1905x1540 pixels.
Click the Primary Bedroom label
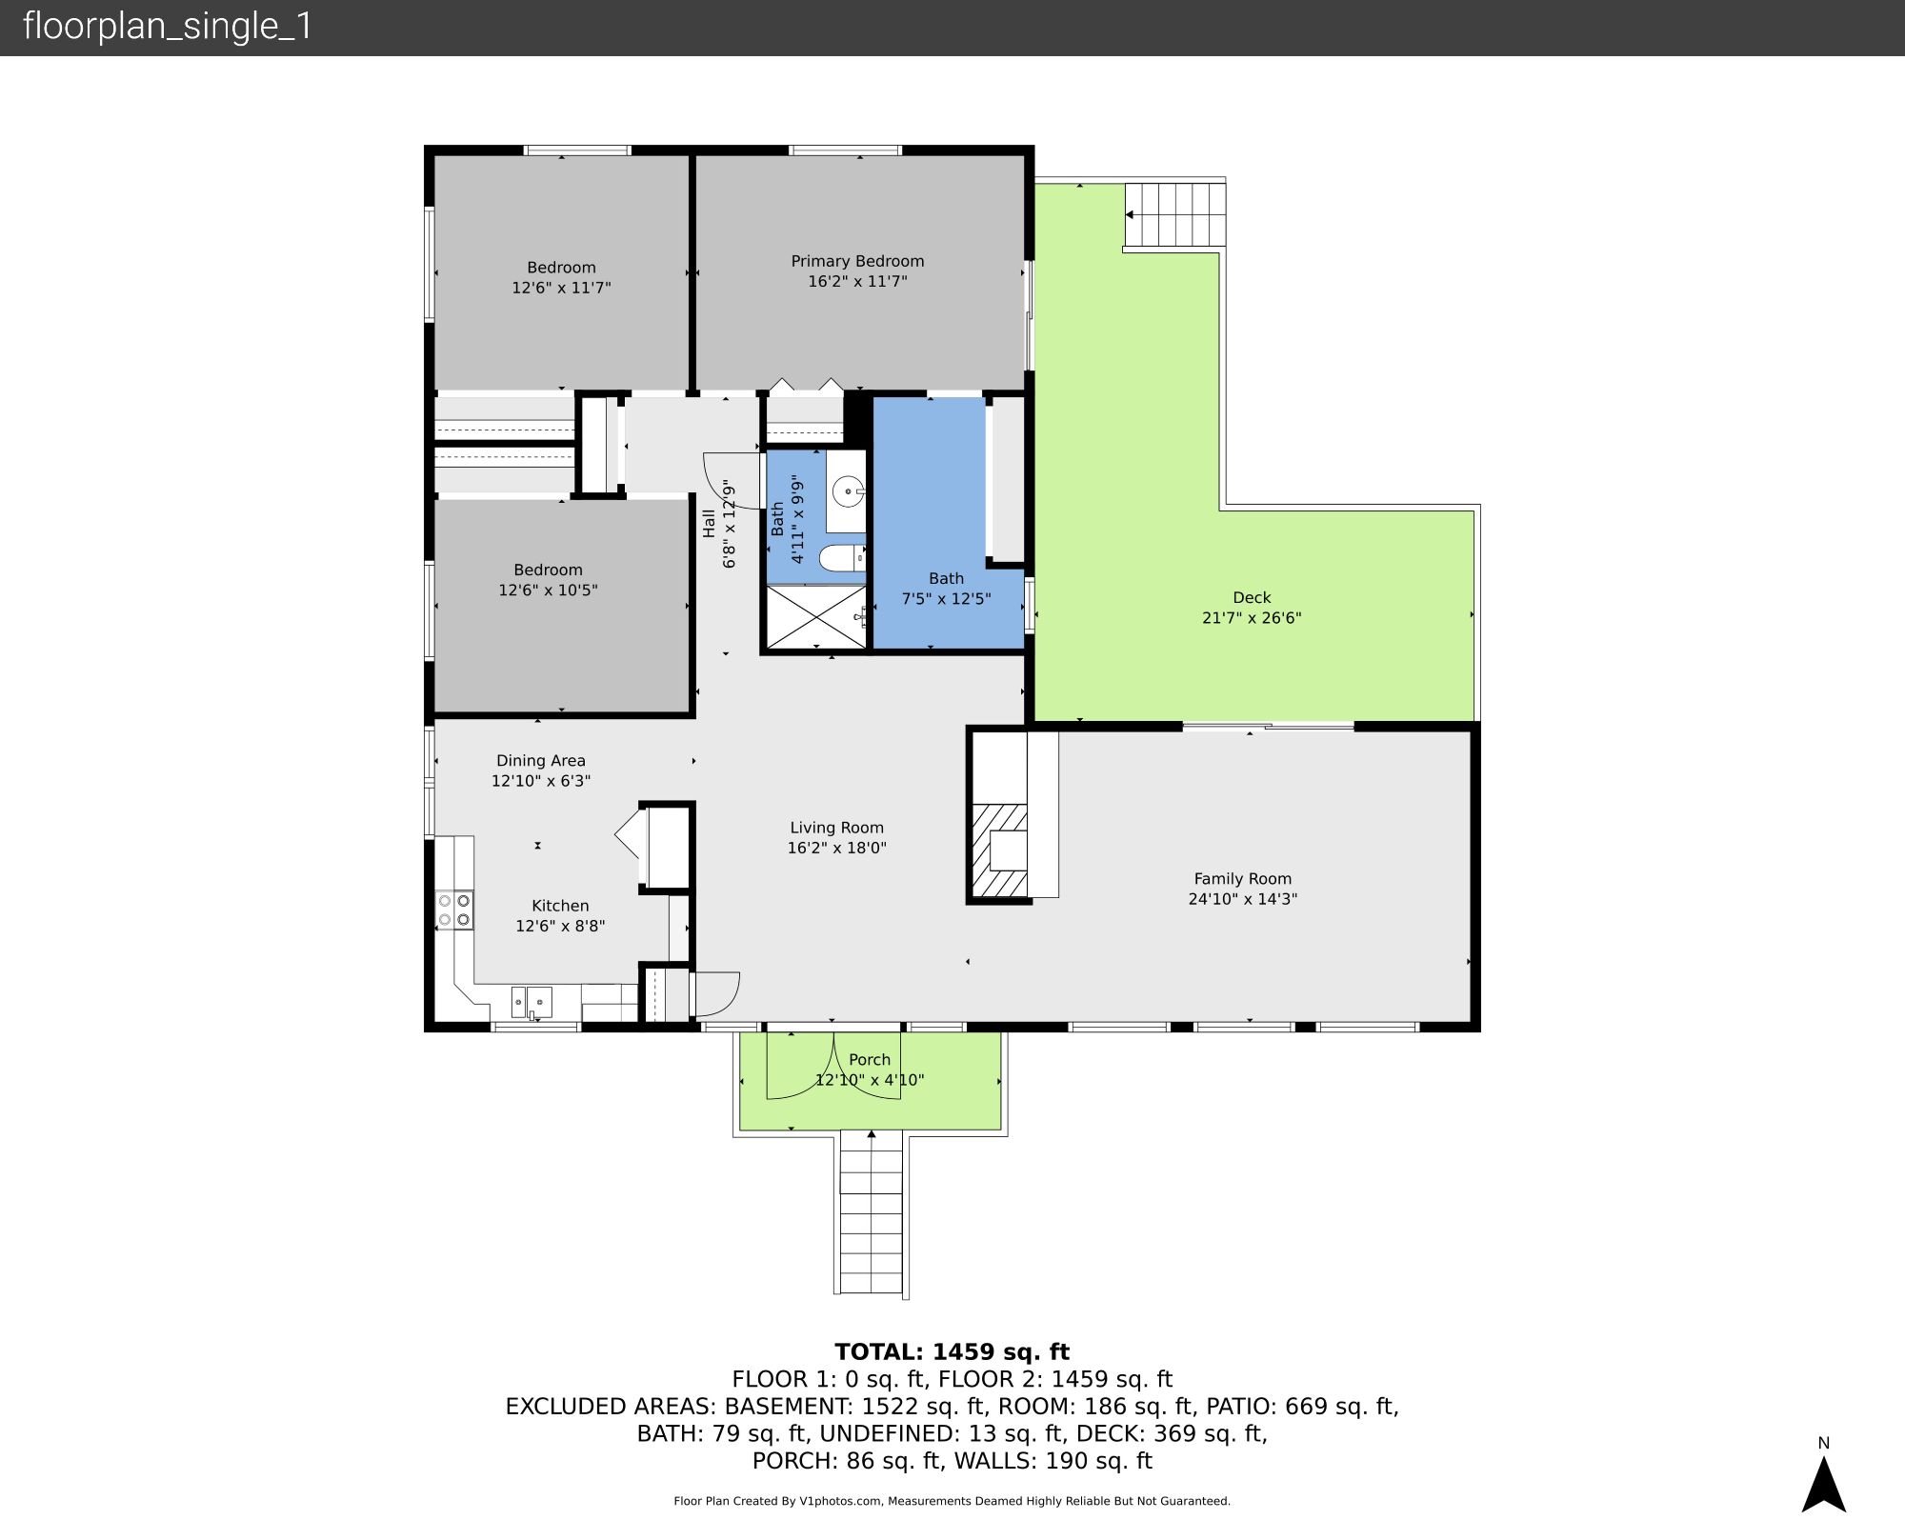[x=857, y=261]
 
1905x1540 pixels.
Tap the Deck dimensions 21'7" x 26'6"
[x=1252, y=617]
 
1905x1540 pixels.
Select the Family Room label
[x=1242, y=879]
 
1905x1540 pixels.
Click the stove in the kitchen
[x=453, y=910]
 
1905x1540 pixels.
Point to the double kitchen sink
[x=531, y=1002]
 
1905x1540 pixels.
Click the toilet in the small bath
[x=842, y=558]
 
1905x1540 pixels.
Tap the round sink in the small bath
[x=847, y=492]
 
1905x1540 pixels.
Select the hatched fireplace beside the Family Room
[x=998, y=850]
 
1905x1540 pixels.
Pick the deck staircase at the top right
[x=1175, y=214]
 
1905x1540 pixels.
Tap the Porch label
[x=870, y=1059]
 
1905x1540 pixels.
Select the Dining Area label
[x=540, y=760]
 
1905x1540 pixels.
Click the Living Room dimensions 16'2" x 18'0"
[x=836, y=848]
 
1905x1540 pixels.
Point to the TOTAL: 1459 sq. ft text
[x=952, y=1352]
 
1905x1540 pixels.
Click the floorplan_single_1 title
[x=168, y=27]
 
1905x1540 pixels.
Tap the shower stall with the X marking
[x=815, y=617]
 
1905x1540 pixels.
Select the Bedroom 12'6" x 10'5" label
[x=548, y=580]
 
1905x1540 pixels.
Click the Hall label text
[x=709, y=524]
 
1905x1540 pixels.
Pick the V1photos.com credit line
[x=952, y=1501]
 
